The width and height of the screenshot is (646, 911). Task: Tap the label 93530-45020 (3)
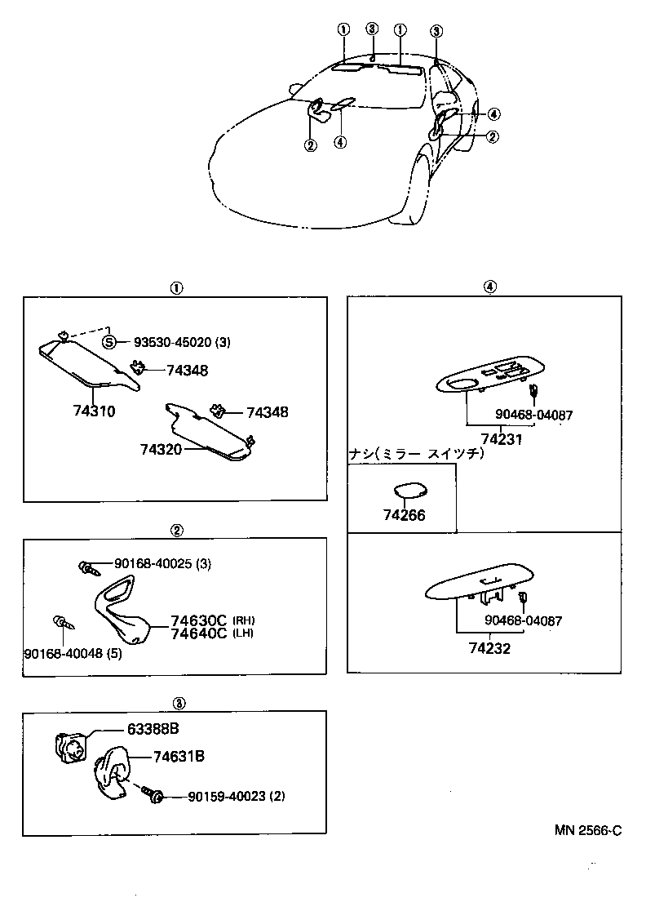point(176,342)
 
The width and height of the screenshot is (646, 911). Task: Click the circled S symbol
point(110,342)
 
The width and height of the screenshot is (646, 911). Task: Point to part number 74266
point(404,515)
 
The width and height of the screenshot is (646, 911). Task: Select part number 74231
point(502,438)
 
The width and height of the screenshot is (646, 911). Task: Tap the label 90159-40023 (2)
point(237,796)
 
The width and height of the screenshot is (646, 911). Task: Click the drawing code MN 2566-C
point(588,830)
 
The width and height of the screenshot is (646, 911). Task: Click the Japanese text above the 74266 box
point(416,454)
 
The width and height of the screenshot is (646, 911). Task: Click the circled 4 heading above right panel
point(488,287)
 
